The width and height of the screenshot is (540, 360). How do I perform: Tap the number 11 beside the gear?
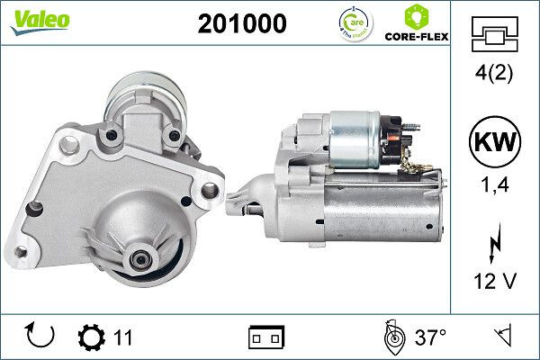click(x=123, y=337)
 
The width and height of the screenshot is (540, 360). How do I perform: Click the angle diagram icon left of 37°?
click(x=392, y=337)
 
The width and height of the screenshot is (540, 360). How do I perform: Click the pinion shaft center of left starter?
click(x=141, y=259)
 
